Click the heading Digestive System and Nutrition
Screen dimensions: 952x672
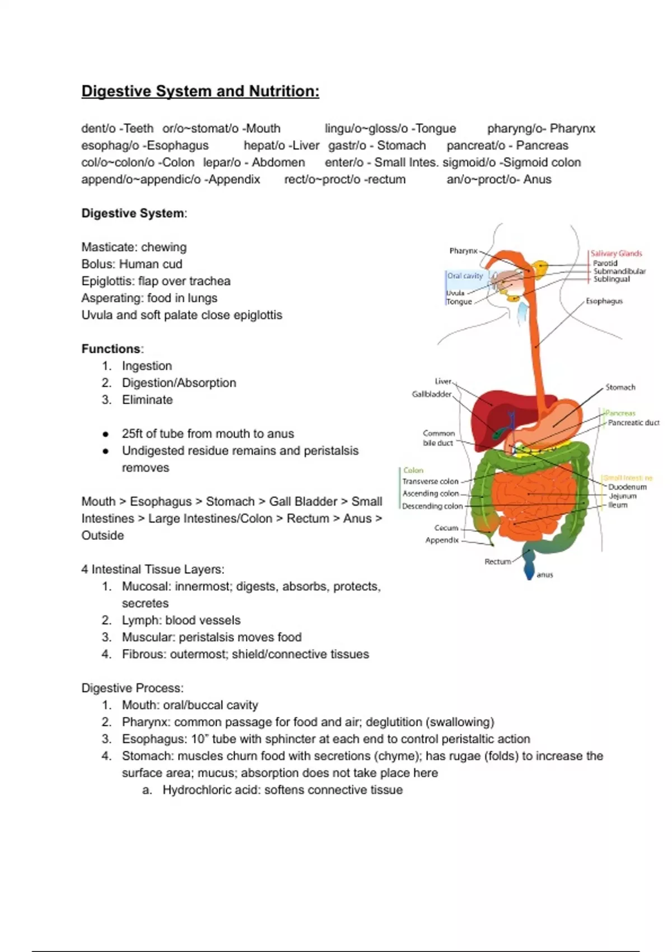coord(200,91)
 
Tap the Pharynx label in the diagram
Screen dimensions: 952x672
coord(463,251)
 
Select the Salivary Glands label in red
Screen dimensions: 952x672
coord(616,253)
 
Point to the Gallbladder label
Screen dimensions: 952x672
coord(431,394)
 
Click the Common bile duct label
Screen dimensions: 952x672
coord(438,438)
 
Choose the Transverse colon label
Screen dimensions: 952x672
coord(430,482)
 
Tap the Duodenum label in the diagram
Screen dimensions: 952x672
coord(627,487)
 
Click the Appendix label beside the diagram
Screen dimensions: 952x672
coord(442,540)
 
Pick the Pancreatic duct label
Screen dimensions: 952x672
coord(633,423)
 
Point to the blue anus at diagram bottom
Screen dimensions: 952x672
coord(529,571)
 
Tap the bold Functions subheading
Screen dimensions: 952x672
coord(111,349)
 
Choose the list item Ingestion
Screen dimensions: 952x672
coord(147,366)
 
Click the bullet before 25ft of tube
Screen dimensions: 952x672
coord(105,434)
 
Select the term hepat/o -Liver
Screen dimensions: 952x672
coord(281,146)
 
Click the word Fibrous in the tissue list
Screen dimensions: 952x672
coord(142,655)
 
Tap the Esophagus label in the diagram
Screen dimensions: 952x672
coord(604,301)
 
